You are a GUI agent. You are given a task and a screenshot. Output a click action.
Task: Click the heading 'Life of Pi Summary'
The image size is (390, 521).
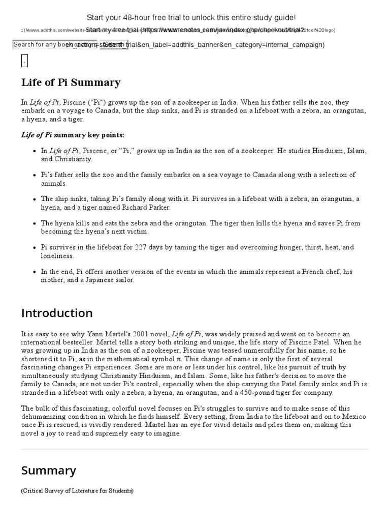pyautogui.click(x=71, y=82)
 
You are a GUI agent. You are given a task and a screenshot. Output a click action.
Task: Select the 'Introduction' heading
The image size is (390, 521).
pyautogui.click(x=57, y=313)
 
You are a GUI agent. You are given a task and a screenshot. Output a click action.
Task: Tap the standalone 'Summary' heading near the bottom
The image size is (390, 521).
pyautogui.click(x=49, y=471)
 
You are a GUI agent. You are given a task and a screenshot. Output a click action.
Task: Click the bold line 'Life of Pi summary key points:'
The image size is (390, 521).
pyautogui.click(x=72, y=135)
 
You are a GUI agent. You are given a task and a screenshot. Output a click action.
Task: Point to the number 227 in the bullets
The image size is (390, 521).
pyautogui.click(x=141, y=247)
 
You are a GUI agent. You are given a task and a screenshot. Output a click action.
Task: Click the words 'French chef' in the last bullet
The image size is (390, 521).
pyautogui.click(x=320, y=272)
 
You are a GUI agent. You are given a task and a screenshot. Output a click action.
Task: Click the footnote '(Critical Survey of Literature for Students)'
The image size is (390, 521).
pyautogui.click(x=77, y=491)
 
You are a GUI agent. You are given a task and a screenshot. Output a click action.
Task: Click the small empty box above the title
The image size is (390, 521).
pyautogui.click(x=24, y=61)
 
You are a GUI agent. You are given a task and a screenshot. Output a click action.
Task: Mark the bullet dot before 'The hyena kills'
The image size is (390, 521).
pyautogui.click(x=34, y=223)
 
